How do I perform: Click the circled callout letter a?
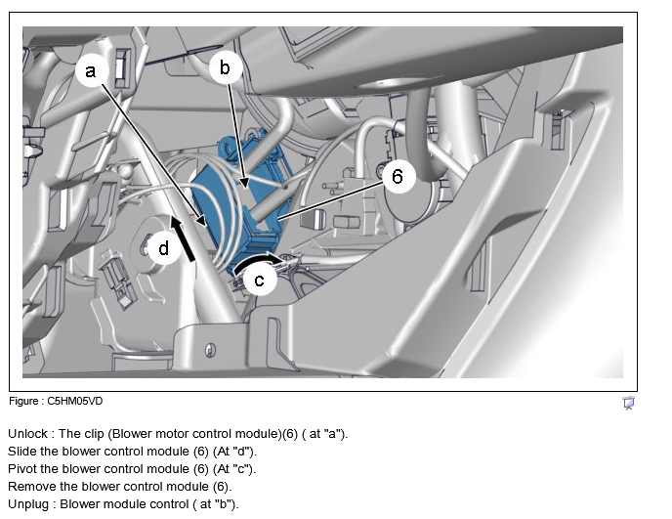tap(91, 70)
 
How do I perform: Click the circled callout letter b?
tap(225, 67)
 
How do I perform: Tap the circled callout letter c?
tap(259, 281)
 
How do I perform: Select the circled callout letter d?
tap(164, 249)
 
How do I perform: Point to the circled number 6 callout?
tap(398, 176)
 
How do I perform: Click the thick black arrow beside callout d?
tap(183, 238)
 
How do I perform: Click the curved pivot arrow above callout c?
tap(257, 261)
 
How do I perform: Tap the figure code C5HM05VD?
tap(75, 401)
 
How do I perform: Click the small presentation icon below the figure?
tap(629, 403)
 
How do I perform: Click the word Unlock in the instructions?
tap(28, 434)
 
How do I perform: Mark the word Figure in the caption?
tap(23, 401)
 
